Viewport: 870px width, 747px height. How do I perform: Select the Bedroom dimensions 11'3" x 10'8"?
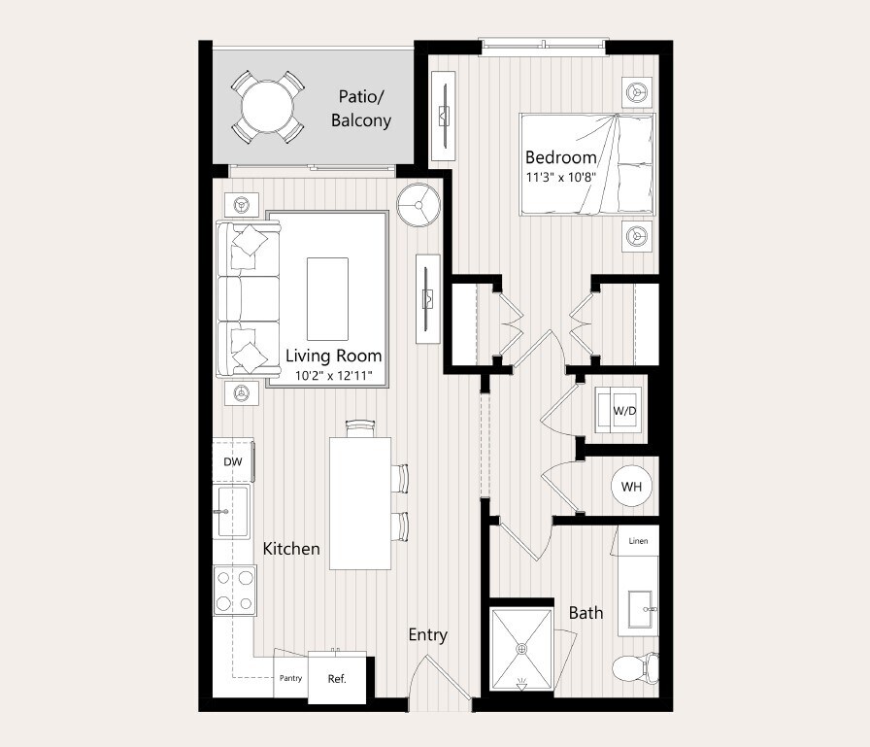pyautogui.click(x=560, y=178)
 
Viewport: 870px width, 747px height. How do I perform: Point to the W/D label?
pyautogui.click(x=624, y=410)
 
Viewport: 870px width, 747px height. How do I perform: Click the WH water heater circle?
pyautogui.click(x=631, y=486)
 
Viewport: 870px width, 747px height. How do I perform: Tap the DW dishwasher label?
pyautogui.click(x=233, y=461)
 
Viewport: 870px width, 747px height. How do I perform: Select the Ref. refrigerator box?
pyautogui.click(x=337, y=678)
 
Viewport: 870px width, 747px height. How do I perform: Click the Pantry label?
pyautogui.click(x=289, y=678)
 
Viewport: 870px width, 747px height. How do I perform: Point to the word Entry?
pyautogui.click(x=427, y=634)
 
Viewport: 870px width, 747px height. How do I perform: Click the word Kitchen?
pyautogui.click(x=291, y=549)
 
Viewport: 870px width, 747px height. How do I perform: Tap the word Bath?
pyautogui.click(x=586, y=612)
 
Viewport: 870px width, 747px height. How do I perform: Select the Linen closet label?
pyautogui.click(x=638, y=540)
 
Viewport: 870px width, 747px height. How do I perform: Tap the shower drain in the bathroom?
pyautogui.click(x=521, y=648)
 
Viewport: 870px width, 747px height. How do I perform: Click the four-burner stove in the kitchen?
pyautogui.click(x=235, y=590)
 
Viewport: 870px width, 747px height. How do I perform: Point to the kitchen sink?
pyautogui.click(x=232, y=512)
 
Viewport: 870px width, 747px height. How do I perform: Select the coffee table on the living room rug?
pyautogui.click(x=327, y=298)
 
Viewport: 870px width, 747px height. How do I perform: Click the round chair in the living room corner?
pyautogui.click(x=419, y=205)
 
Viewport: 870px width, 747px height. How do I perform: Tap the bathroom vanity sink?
pyautogui.click(x=639, y=610)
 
